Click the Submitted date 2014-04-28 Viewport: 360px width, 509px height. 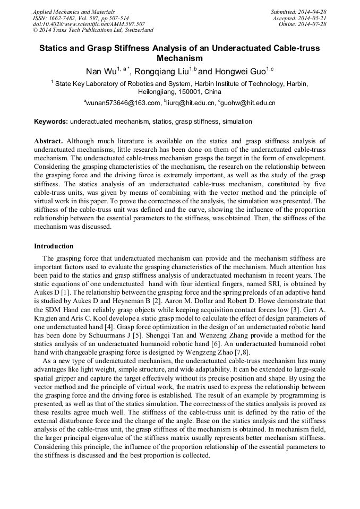click(x=312, y=12)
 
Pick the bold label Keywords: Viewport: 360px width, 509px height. click(x=51, y=122)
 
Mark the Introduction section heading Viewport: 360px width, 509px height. click(x=54, y=246)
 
